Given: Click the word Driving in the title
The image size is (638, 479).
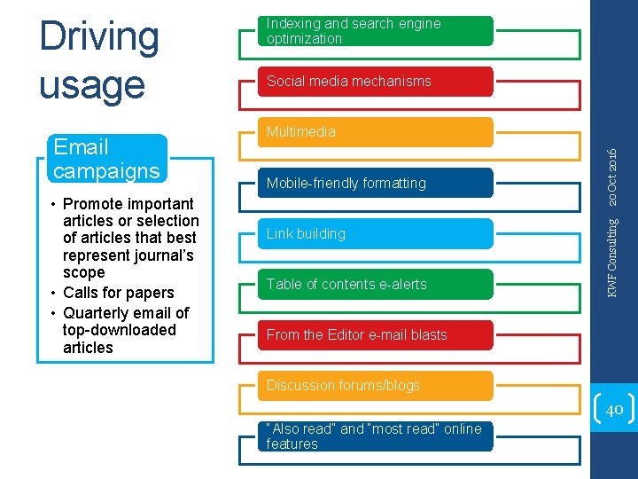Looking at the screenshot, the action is (x=99, y=37).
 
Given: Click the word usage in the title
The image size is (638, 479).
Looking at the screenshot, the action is (x=91, y=86).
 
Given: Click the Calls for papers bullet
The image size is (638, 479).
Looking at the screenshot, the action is (x=118, y=293).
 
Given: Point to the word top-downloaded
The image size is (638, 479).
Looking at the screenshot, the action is (x=120, y=330).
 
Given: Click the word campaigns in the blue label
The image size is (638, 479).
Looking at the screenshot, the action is (x=106, y=170).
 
